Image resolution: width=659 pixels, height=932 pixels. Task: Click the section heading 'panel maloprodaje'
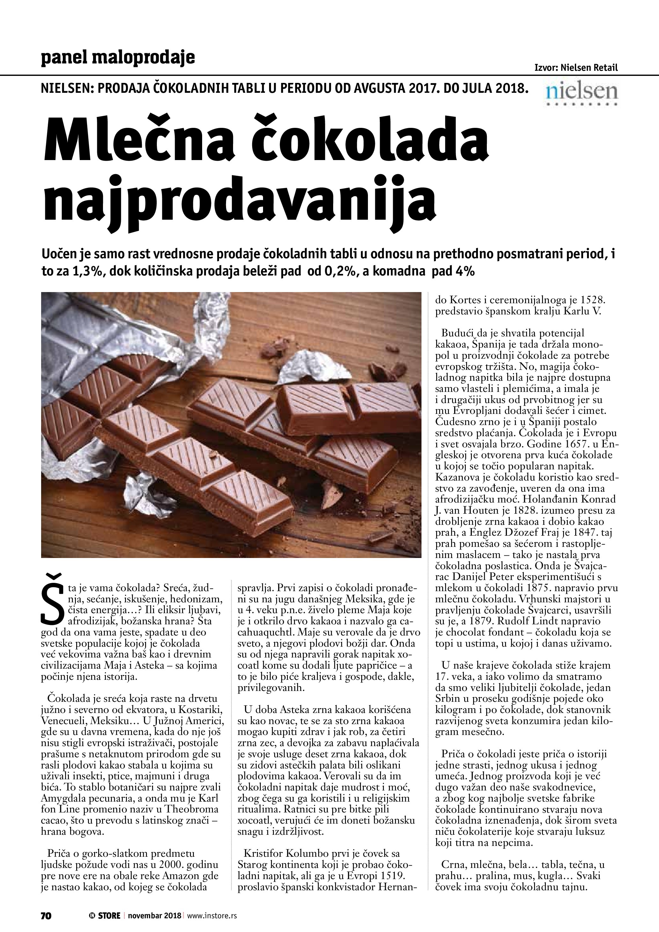click(118, 58)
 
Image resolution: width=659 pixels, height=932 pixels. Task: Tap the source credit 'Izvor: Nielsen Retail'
click(576, 68)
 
